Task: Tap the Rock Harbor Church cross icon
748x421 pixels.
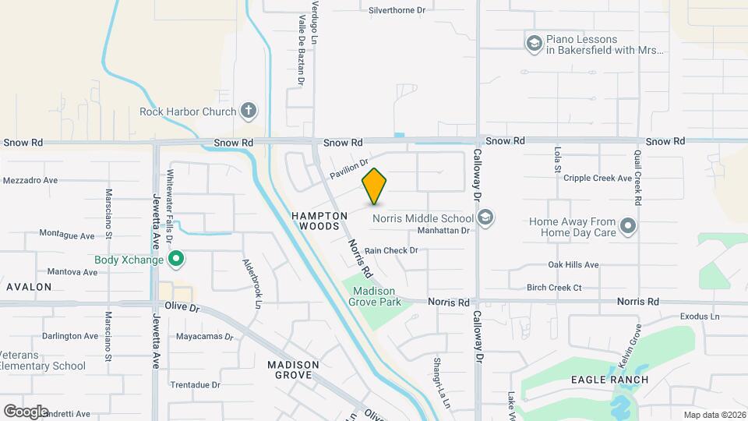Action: coord(249,111)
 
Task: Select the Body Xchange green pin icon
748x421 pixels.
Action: coord(177,258)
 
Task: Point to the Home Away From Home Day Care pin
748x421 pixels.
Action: coord(628,227)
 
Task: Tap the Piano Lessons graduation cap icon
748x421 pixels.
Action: coord(534,44)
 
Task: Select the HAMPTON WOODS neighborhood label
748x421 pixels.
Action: coord(319,220)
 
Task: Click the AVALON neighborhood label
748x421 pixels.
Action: coord(29,287)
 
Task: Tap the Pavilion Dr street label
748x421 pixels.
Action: coord(348,167)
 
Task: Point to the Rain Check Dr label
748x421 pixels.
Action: coord(391,250)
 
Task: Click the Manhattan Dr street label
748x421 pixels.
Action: coord(443,231)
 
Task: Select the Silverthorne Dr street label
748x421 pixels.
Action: coord(397,10)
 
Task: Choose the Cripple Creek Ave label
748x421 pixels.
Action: coord(603,178)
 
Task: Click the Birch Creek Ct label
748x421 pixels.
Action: coord(554,288)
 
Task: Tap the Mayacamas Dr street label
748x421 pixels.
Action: coord(205,338)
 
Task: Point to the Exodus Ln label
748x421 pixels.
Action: coord(700,317)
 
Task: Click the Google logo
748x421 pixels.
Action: coord(26,411)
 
